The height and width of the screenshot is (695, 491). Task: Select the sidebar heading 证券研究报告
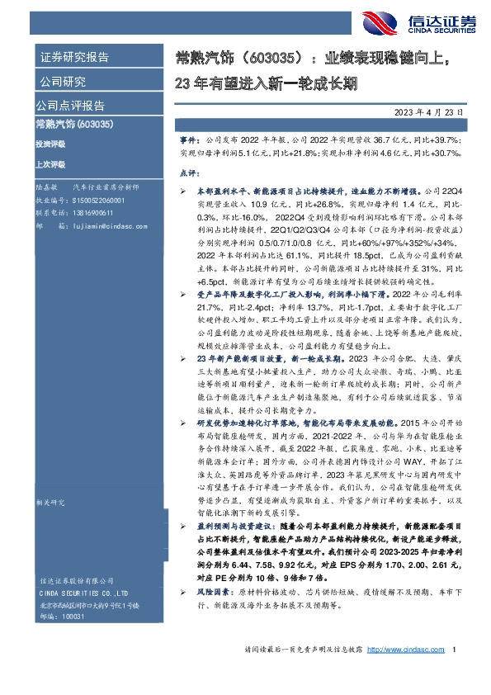tap(74, 58)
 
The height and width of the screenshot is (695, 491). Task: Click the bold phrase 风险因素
tap(210, 593)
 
